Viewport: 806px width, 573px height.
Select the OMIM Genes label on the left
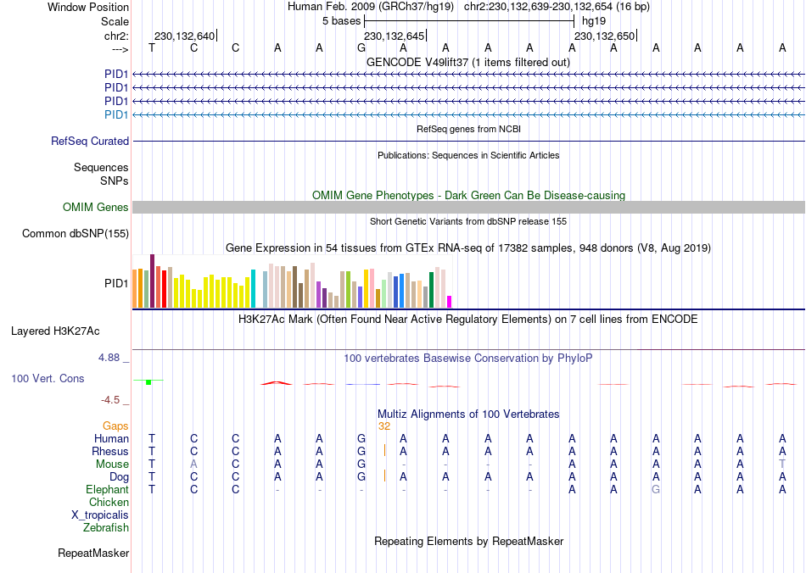click(96, 208)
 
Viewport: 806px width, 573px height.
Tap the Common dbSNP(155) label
click(76, 234)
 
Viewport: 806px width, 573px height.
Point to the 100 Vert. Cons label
click(48, 378)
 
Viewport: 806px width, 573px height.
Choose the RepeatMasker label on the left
click(93, 554)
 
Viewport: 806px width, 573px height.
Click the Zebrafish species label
click(106, 528)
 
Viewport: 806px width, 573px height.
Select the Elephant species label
click(107, 490)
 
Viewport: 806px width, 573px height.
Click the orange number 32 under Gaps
click(384, 426)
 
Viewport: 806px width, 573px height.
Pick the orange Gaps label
click(115, 426)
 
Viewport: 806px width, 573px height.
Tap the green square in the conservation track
click(148, 382)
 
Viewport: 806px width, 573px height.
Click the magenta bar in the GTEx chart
click(450, 301)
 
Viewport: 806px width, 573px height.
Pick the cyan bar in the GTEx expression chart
click(253, 288)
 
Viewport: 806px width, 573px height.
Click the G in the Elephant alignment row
click(656, 490)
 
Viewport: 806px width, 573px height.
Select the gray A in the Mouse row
click(194, 465)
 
